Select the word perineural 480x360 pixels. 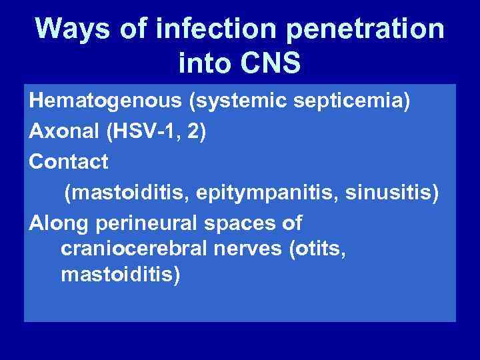[151, 223]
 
